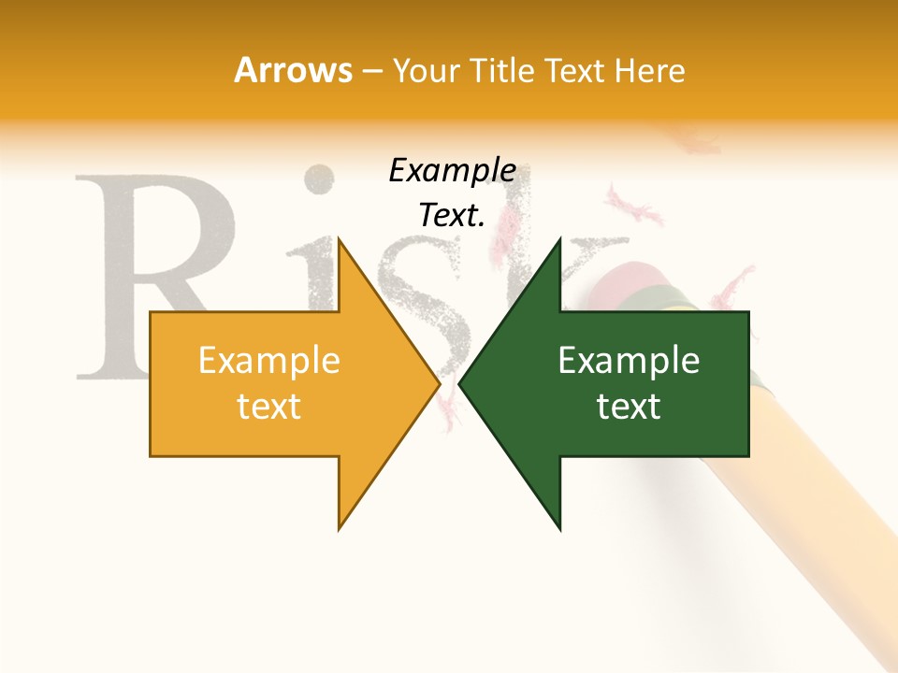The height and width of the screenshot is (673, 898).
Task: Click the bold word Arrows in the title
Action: [x=294, y=71]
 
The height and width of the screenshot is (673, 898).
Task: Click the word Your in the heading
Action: [x=427, y=71]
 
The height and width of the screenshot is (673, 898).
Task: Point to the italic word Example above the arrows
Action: [x=452, y=171]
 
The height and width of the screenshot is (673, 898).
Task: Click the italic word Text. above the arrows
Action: [x=452, y=216]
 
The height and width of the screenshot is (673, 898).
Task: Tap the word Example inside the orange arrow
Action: [x=269, y=361]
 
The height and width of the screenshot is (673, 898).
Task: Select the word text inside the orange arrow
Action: [x=269, y=407]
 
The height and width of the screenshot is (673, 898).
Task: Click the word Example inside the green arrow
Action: [x=629, y=361]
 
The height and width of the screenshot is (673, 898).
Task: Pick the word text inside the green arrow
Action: [x=629, y=407]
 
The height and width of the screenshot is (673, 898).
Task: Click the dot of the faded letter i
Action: [x=321, y=178]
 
